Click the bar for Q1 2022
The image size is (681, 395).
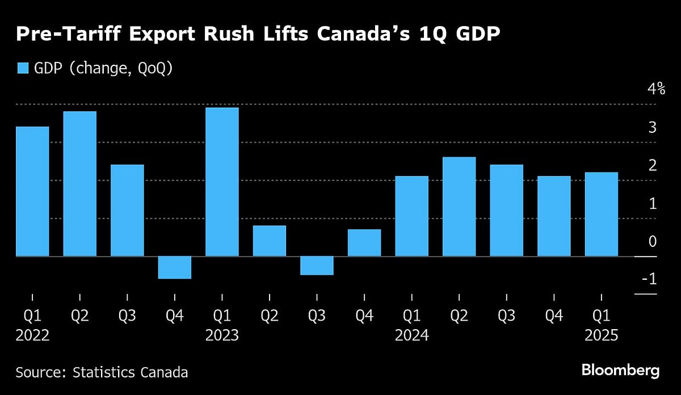(x=32, y=191)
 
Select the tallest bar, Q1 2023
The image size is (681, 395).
(x=222, y=182)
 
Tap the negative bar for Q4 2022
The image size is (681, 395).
(x=174, y=267)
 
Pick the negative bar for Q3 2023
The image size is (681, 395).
(x=317, y=266)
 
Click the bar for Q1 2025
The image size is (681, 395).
(x=601, y=215)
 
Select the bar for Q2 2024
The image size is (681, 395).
(x=459, y=207)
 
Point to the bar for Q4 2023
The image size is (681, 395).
(x=364, y=243)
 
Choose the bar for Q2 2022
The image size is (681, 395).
(x=79, y=184)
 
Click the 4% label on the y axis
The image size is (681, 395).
(x=649, y=89)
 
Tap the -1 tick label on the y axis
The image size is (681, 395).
(x=649, y=279)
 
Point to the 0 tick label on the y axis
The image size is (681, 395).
(x=652, y=241)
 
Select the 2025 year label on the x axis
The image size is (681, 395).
(x=601, y=335)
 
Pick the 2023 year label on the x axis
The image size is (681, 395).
(x=222, y=335)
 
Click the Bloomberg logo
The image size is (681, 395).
(x=620, y=371)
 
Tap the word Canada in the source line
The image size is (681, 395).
(x=165, y=373)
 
